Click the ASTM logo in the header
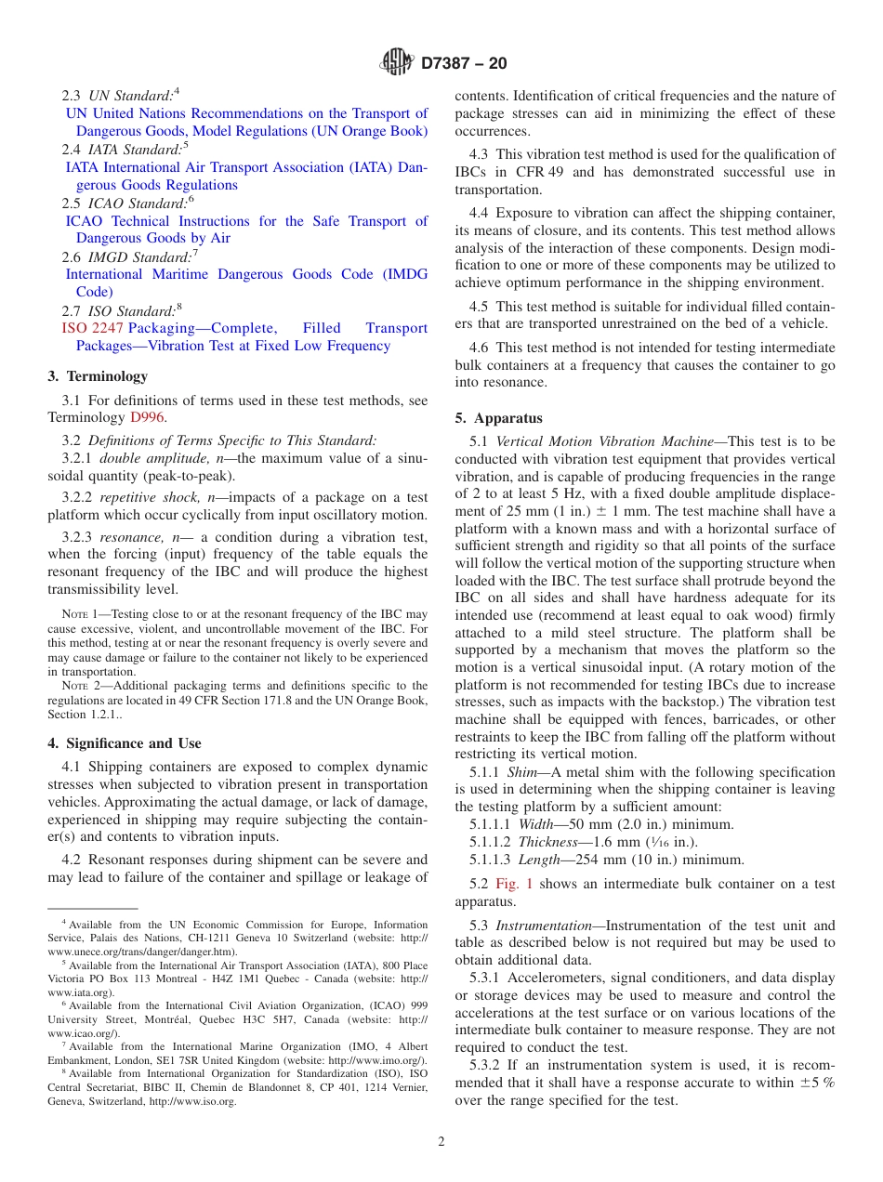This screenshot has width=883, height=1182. pyautogui.click(x=397, y=63)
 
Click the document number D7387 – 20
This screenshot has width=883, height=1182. pyautogui.click(x=464, y=64)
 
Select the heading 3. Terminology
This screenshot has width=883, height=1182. pyautogui.click(x=97, y=376)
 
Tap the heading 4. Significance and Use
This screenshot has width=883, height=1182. pyautogui.click(x=124, y=743)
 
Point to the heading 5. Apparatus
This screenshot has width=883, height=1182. pyautogui.click(x=498, y=418)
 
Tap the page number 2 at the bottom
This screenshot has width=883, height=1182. pyautogui.click(x=441, y=1142)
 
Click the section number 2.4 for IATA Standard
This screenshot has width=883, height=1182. pyautogui.click(x=72, y=150)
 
